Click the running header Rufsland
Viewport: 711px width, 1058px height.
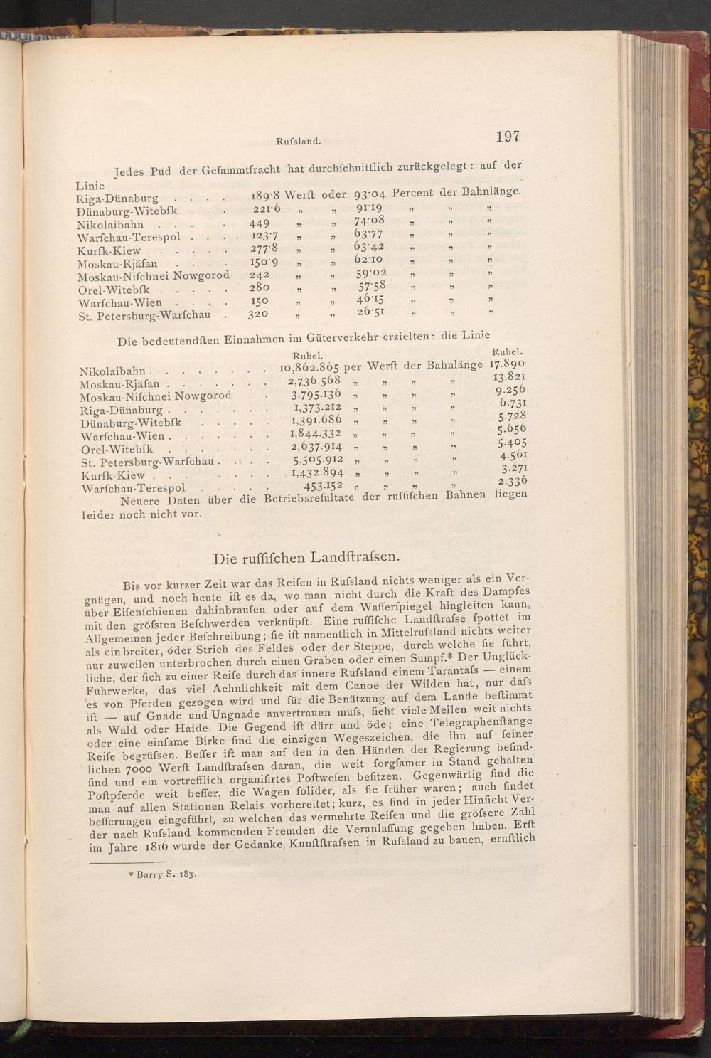tap(296, 141)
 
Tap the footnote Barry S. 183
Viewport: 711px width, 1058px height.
tap(159, 874)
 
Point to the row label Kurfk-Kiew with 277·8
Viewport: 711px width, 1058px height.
tap(109, 250)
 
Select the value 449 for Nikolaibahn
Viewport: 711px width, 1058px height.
tap(260, 223)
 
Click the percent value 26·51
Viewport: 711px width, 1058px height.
tap(370, 313)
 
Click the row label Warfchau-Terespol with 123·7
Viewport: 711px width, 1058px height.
tap(129, 237)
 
